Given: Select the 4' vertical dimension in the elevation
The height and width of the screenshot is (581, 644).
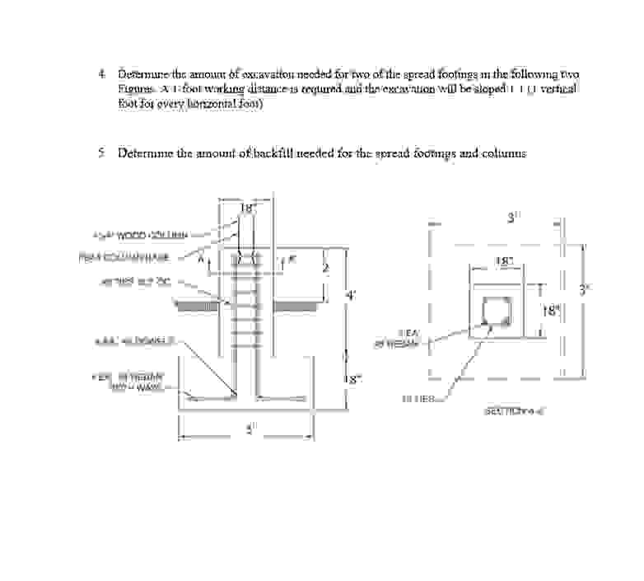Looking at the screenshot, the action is coord(350,296).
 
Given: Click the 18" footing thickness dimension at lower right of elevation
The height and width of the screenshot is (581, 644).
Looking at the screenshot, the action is coord(352,380).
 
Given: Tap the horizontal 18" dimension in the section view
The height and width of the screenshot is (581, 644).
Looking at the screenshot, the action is coord(504,261).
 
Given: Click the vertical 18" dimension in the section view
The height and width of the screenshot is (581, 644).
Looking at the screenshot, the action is coord(550,312).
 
